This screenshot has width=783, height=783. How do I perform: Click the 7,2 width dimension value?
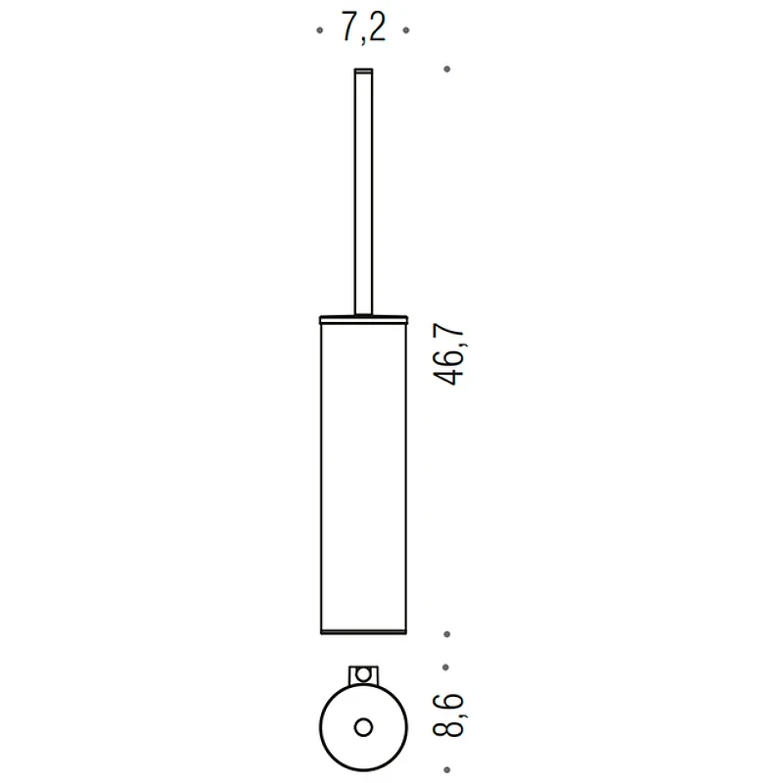(363, 28)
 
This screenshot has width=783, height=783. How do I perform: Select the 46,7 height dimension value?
(449, 354)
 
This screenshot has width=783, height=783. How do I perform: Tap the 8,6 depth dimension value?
(449, 715)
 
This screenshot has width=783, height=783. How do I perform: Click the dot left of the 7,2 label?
(320, 30)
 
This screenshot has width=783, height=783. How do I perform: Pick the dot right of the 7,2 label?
(406, 30)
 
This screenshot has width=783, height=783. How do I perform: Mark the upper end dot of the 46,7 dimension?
(447, 69)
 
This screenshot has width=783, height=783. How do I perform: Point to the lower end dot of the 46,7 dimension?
(447, 634)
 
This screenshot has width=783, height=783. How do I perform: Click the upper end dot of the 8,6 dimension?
(446, 668)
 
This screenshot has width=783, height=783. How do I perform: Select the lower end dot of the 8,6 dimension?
(447, 770)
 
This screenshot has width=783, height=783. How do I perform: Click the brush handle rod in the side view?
(363, 192)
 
